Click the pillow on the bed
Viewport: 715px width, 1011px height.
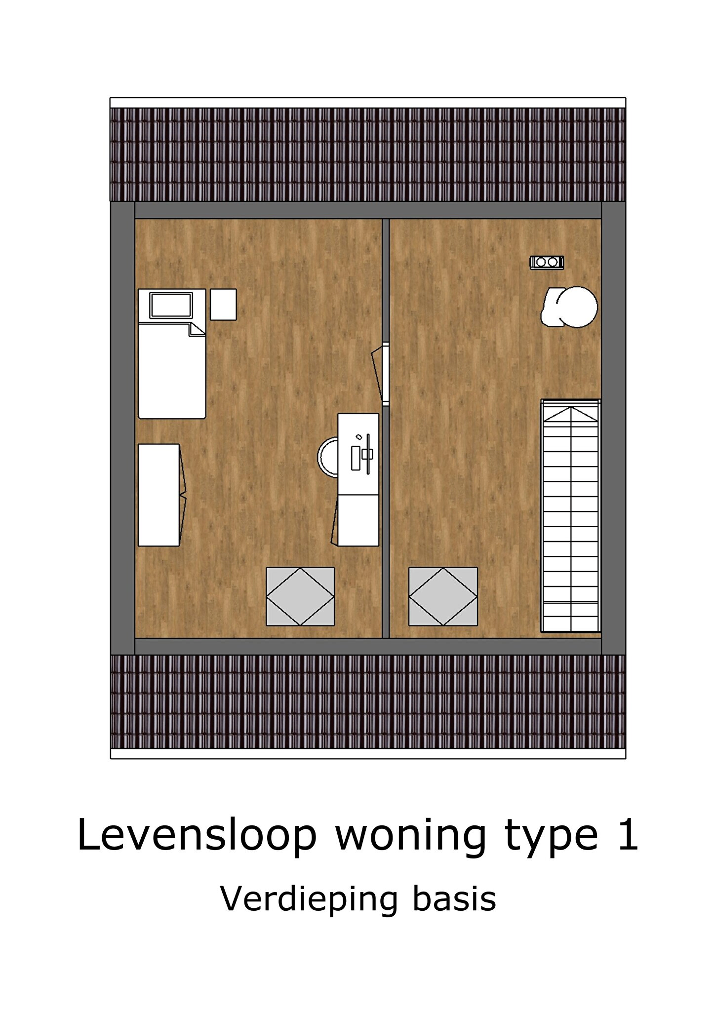[x=171, y=305]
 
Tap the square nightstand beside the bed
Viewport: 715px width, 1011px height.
[x=223, y=305]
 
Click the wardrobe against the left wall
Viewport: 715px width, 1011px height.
[x=159, y=495]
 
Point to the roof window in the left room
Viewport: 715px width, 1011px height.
[x=300, y=596]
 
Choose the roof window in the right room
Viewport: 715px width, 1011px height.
[x=443, y=596]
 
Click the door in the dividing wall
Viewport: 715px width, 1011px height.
[x=381, y=374]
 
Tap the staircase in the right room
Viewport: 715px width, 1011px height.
[x=571, y=515]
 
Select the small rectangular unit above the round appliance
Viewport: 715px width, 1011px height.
[x=547, y=262]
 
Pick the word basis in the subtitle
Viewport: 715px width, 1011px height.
[x=454, y=898]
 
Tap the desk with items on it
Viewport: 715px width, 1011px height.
[x=358, y=454]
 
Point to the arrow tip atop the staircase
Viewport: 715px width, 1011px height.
[x=571, y=408]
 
